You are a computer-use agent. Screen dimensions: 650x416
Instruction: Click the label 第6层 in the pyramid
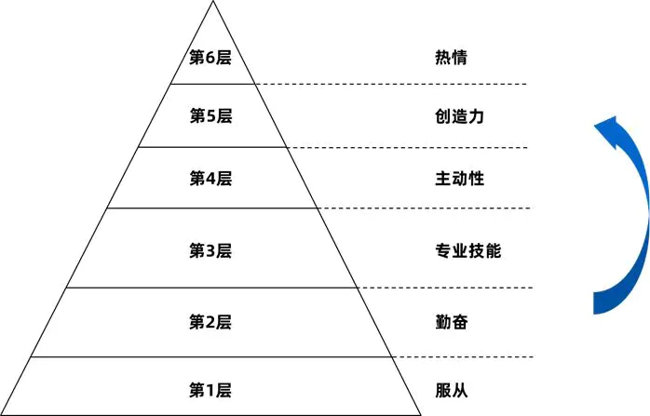(210, 58)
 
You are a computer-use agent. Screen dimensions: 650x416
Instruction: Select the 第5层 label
(210, 116)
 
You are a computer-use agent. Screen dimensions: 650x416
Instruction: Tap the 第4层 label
(210, 178)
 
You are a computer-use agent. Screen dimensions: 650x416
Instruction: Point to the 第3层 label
(210, 250)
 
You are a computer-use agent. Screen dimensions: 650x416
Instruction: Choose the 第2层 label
(210, 322)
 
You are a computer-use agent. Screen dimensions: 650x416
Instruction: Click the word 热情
(451, 58)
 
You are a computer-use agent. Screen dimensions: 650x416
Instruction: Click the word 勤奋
(451, 322)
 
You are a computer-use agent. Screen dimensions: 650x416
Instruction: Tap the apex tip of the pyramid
(212, 3)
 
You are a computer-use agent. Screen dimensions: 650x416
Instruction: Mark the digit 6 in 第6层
(210, 58)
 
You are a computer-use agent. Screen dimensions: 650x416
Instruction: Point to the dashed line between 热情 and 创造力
(391, 85)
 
